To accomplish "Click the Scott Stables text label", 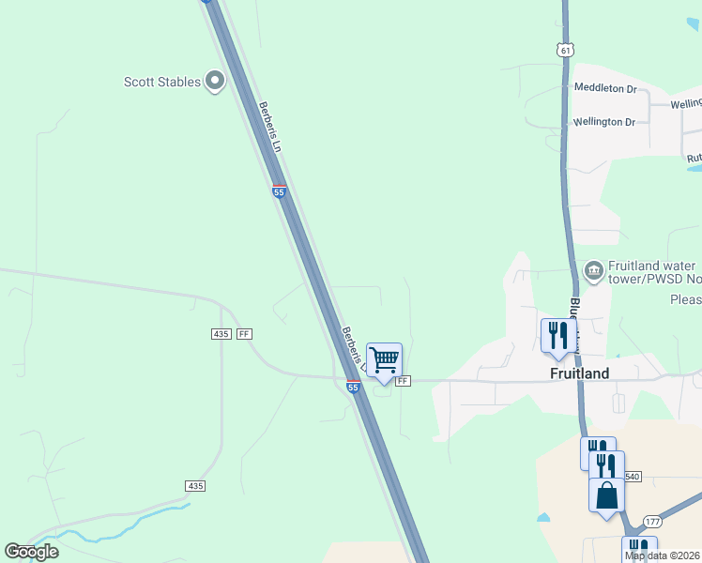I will click(162, 82).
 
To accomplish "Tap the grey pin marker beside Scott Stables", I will click(215, 82).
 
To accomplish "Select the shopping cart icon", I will click(384, 359).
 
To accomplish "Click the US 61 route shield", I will click(563, 49).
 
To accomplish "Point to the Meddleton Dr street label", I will click(605, 89).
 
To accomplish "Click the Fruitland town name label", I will click(579, 373).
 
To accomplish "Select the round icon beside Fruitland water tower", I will click(593, 271).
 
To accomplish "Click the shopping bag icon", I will click(606, 495).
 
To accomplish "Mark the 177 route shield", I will click(653, 522).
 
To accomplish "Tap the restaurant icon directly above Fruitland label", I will click(557, 335).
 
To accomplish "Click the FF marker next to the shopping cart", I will click(403, 381).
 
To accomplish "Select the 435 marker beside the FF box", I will click(221, 334).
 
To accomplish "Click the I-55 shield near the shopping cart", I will click(353, 386).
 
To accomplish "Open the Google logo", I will click(31, 552).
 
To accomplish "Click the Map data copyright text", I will click(663, 555).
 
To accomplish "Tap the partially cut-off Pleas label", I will click(685, 300).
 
